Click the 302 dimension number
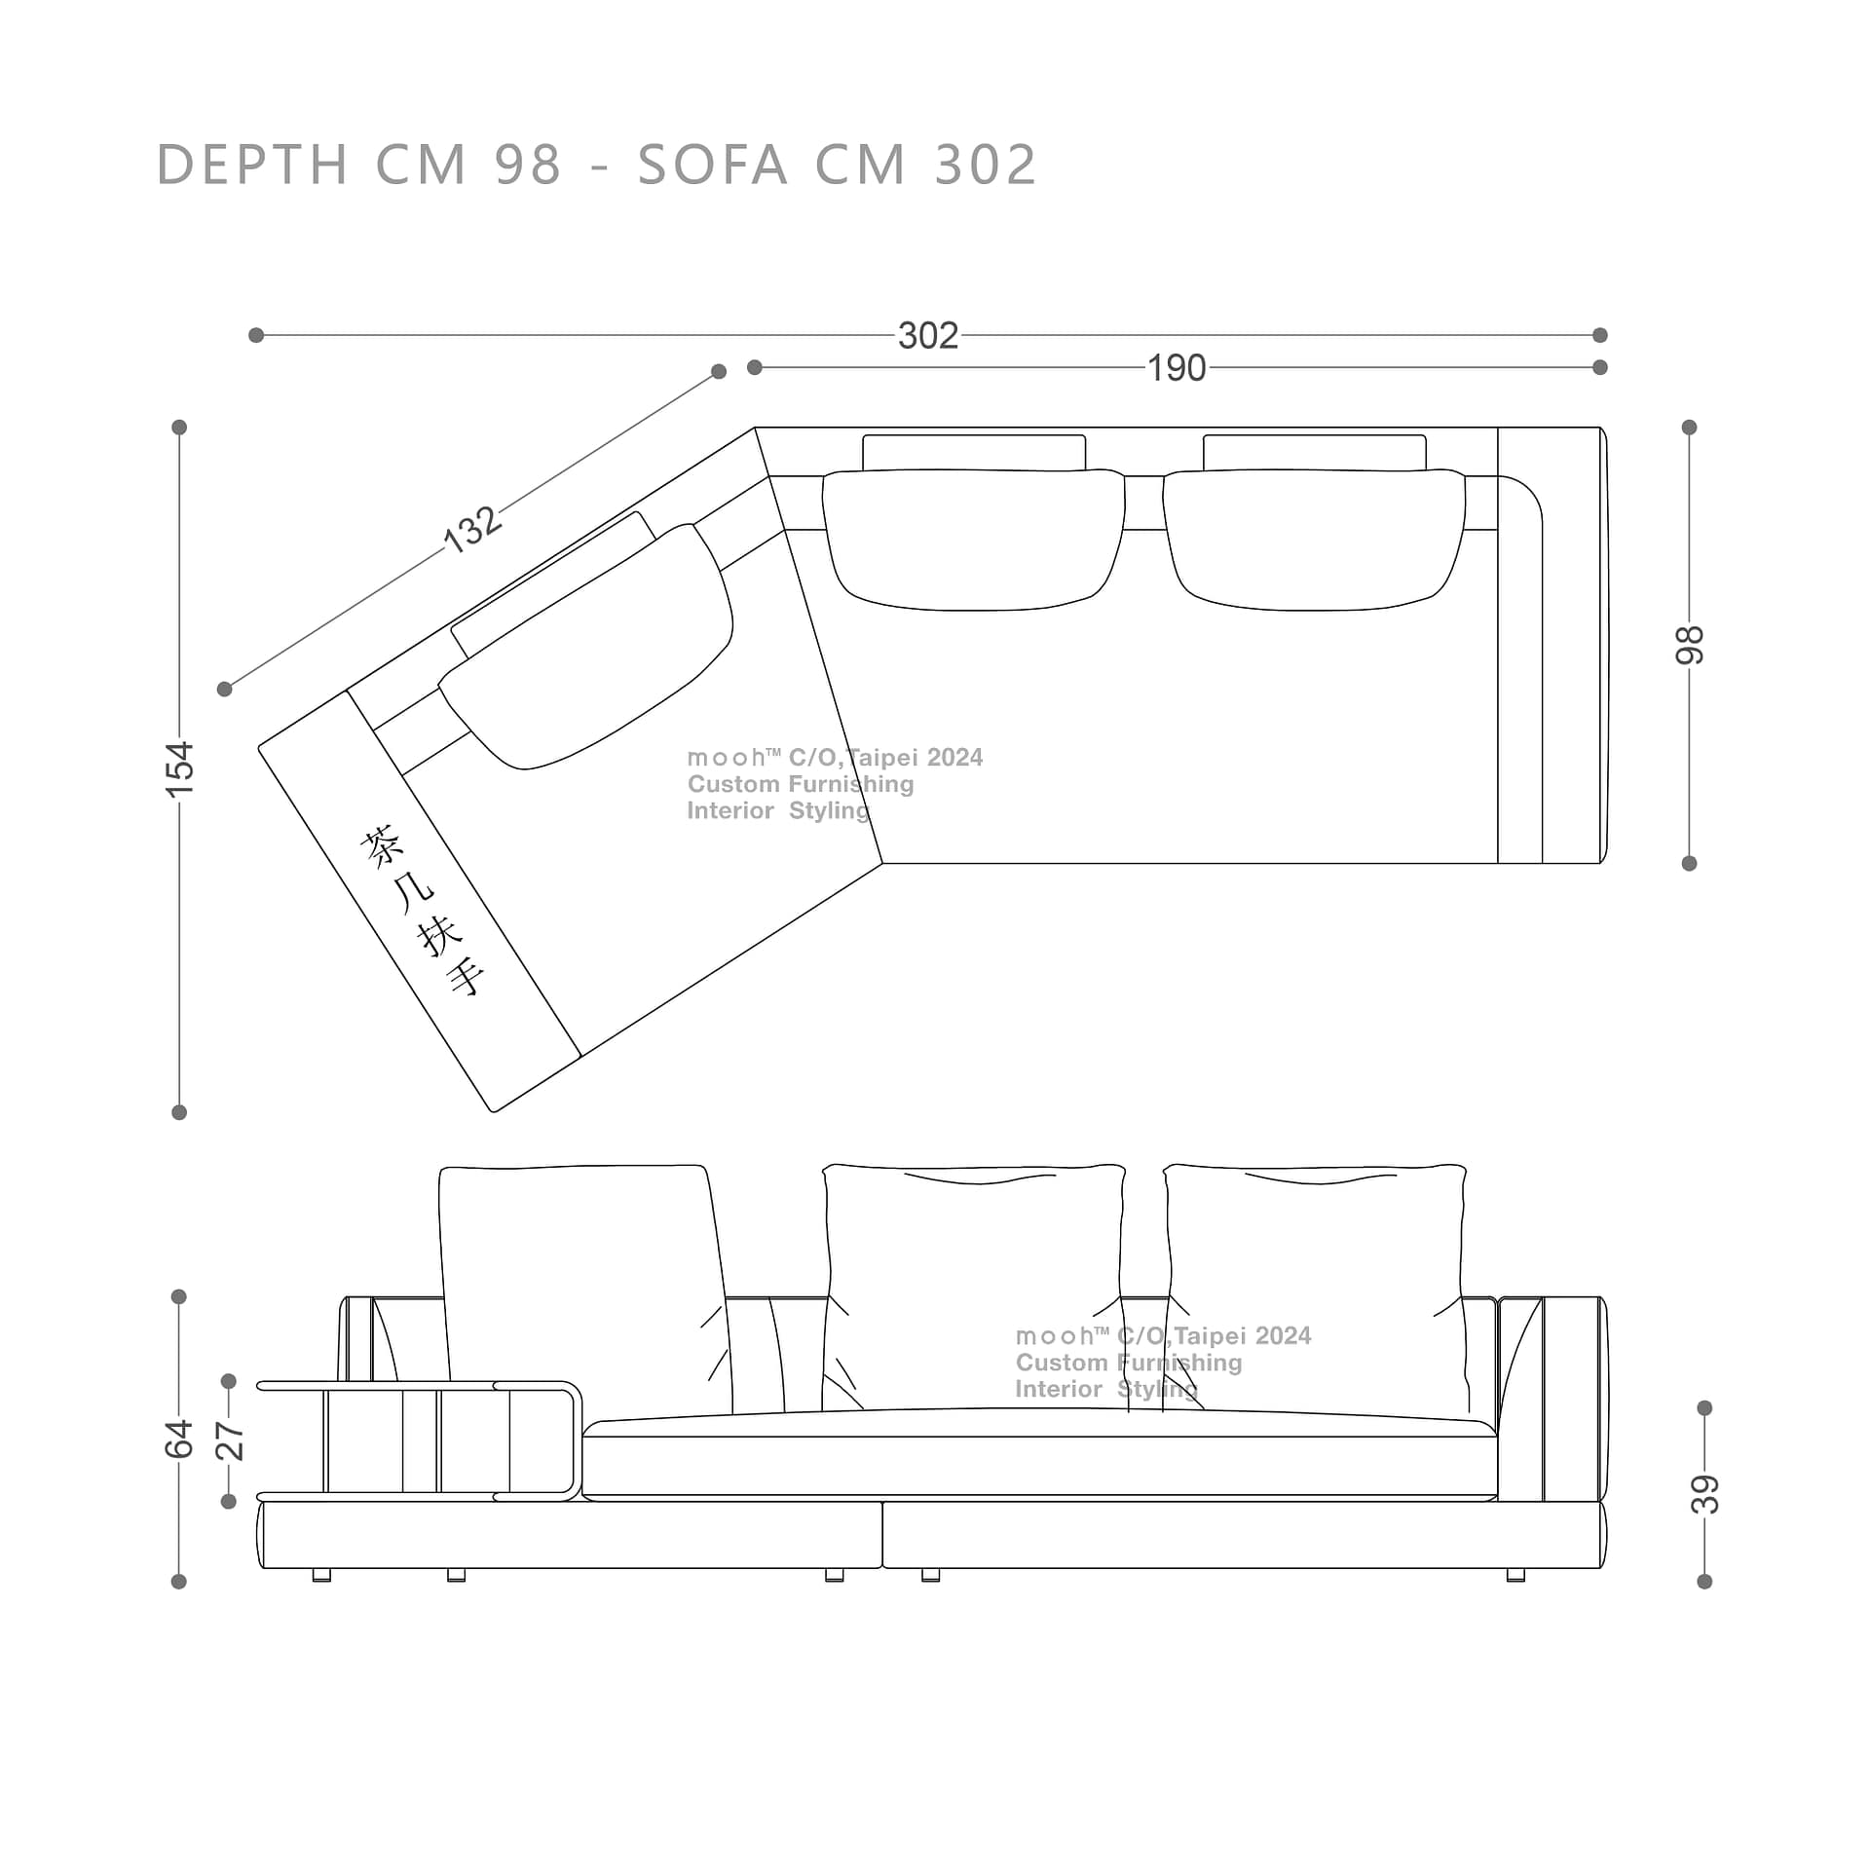click(928, 336)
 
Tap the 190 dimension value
click(1177, 368)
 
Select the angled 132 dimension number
click(473, 529)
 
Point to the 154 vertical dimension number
click(180, 769)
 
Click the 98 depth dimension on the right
click(1690, 645)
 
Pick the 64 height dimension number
click(180, 1440)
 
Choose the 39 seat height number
click(1705, 1494)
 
